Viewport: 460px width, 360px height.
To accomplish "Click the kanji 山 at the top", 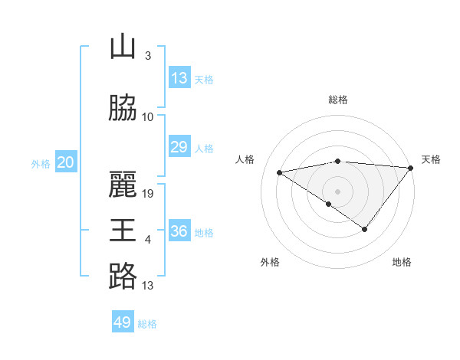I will tap(123, 47).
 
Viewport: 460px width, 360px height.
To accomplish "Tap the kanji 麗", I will tap(123, 185).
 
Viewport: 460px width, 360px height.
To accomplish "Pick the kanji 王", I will tap(123, 231).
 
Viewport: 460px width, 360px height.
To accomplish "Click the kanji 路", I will tap(123, 277).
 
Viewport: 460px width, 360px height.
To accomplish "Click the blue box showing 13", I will tap(179, 78).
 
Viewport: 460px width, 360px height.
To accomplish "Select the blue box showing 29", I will tap(179, 147).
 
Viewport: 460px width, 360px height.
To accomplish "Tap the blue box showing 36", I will tap(179, 231).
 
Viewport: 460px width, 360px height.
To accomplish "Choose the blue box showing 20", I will tap(66, 162).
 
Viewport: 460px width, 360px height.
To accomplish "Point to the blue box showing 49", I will tap(123, 322).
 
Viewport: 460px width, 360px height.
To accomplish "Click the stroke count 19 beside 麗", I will tap(149, 194).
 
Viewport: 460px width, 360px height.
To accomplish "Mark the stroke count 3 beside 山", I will tap(148, 56).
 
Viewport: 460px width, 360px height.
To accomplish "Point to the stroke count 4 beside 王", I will tap(148, 240).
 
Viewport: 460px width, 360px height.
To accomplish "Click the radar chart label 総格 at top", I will tap(337, 100).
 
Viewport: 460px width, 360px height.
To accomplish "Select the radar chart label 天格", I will tap(431, 159).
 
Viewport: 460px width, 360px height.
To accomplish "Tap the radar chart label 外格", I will tap(270, 262).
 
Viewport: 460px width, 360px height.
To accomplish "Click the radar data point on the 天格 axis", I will tap(411, 168).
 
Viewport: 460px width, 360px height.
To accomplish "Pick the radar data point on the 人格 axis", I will tap(280, 172).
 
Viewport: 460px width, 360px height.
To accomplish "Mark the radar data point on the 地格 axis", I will tap(365, 229).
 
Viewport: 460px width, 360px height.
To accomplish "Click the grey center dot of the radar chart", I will tap(337, 191).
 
